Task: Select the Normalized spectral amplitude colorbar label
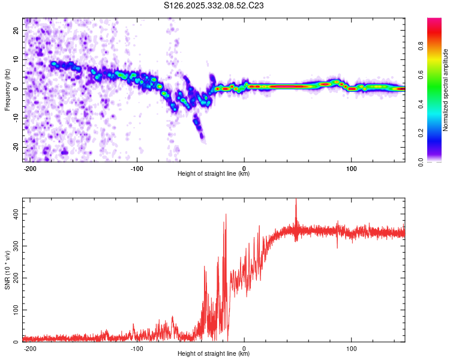tap(445, 91)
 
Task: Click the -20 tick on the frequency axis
tap(16, 148)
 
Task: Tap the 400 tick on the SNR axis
tap(14, 214)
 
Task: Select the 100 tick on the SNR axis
tap(14, 310)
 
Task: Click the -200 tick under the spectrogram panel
tap(30, 168)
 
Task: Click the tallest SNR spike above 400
tap(296, 201)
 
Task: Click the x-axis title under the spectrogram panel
tap(214, 174)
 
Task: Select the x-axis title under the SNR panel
tap(214, 354)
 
